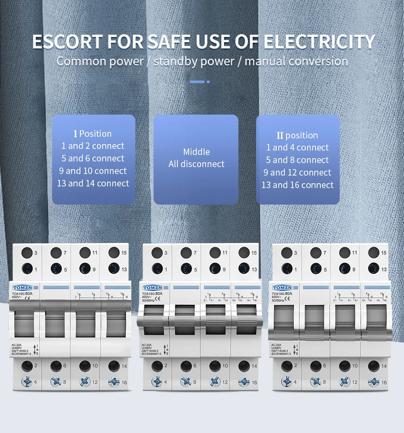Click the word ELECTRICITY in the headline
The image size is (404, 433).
tap(319, 42)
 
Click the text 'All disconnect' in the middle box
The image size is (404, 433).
tap(196, 164)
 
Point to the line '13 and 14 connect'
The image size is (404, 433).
tap(93, 184)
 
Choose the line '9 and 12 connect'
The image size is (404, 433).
tap(297, 173)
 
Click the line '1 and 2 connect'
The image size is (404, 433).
tap(93, 146)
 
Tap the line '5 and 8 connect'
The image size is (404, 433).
tap(297, 160)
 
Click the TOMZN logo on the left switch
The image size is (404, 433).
tap(22, 288)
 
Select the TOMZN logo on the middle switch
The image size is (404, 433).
tap(152, 288)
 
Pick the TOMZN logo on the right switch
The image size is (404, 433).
tap(282, 288)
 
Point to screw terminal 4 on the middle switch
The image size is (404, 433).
tap(157, 382)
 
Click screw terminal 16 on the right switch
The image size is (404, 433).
tap(374, 382)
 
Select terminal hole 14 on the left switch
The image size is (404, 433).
tap(114, 366)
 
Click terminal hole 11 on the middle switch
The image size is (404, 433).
tap(215, 253)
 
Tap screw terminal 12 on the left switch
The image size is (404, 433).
tap(85, 382)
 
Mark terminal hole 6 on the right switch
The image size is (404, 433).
tap(316, 366)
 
